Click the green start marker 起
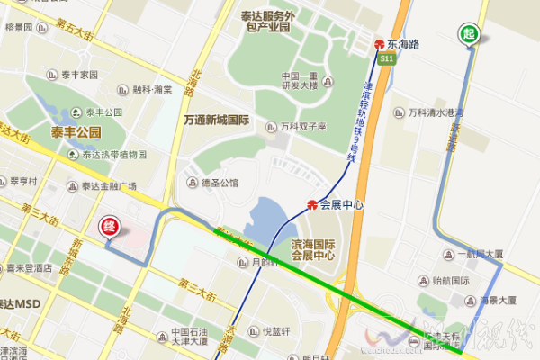coord(469,34)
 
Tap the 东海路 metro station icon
coord(380,42)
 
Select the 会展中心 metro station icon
coord(312,204)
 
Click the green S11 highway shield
coord(387,58)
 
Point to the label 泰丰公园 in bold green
coord(76,131)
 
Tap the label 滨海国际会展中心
coord(313,249)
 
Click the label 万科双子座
coord(302,126)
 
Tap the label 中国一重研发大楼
coord(298,81)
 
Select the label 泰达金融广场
coord(108,186)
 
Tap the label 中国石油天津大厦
coord(177,337)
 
